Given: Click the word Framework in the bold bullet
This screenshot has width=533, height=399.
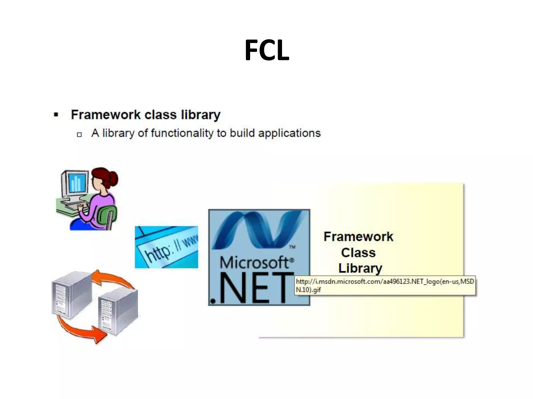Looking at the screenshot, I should tap(106, 115).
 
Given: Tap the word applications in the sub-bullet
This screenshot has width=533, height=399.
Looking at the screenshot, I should tap(289, 133).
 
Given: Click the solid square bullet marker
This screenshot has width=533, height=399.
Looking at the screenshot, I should tap(56, 115).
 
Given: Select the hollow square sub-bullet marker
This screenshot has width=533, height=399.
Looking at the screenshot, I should tap(79, 134).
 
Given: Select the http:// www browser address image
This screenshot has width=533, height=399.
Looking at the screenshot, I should tap(166, 247).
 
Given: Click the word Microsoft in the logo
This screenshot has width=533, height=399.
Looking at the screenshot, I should tap(255, 262).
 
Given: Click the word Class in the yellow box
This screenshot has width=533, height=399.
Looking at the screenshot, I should tap(358, 252).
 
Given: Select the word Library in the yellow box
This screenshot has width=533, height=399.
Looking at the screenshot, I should tap(360, 268).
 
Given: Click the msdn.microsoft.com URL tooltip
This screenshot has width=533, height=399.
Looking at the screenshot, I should tap(385, 285).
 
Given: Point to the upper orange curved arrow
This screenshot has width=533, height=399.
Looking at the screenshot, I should tap(115, 279).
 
